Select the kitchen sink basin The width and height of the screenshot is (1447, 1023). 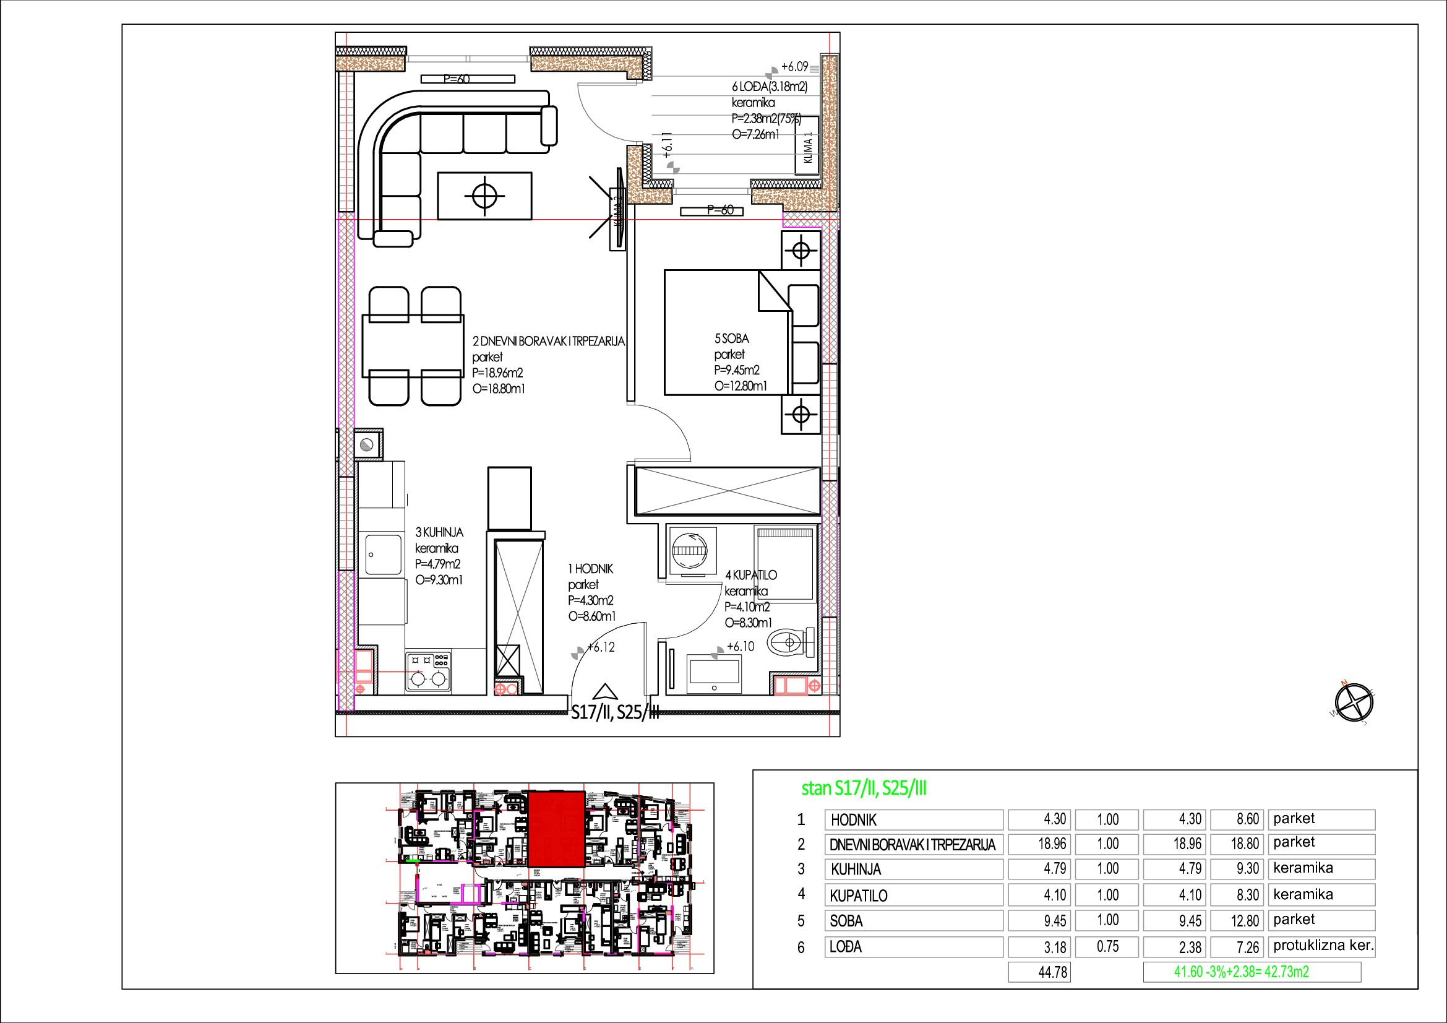coord(383,554)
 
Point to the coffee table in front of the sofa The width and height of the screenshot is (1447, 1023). coord(484,196)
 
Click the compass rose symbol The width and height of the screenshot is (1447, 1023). coord(1354,702)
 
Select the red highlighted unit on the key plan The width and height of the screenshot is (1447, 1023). coord(556,829)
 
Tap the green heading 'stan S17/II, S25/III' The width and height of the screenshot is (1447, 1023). coord(864,788)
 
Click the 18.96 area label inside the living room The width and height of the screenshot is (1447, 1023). coord(497,373)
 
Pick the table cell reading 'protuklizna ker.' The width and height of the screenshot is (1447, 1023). coord(1321,946)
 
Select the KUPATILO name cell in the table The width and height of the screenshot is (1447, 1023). coord(913,895)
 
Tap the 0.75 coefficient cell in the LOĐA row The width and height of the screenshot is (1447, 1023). coord(1107,947)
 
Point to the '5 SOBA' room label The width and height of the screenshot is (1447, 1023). coord(731,339)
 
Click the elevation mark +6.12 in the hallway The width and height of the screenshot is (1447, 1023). coord(600,647)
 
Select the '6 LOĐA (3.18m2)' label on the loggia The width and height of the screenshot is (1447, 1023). coord(769,86)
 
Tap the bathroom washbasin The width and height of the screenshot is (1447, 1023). coord(714,673)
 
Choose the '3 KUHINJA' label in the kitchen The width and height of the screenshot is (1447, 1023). coord(439,533)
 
